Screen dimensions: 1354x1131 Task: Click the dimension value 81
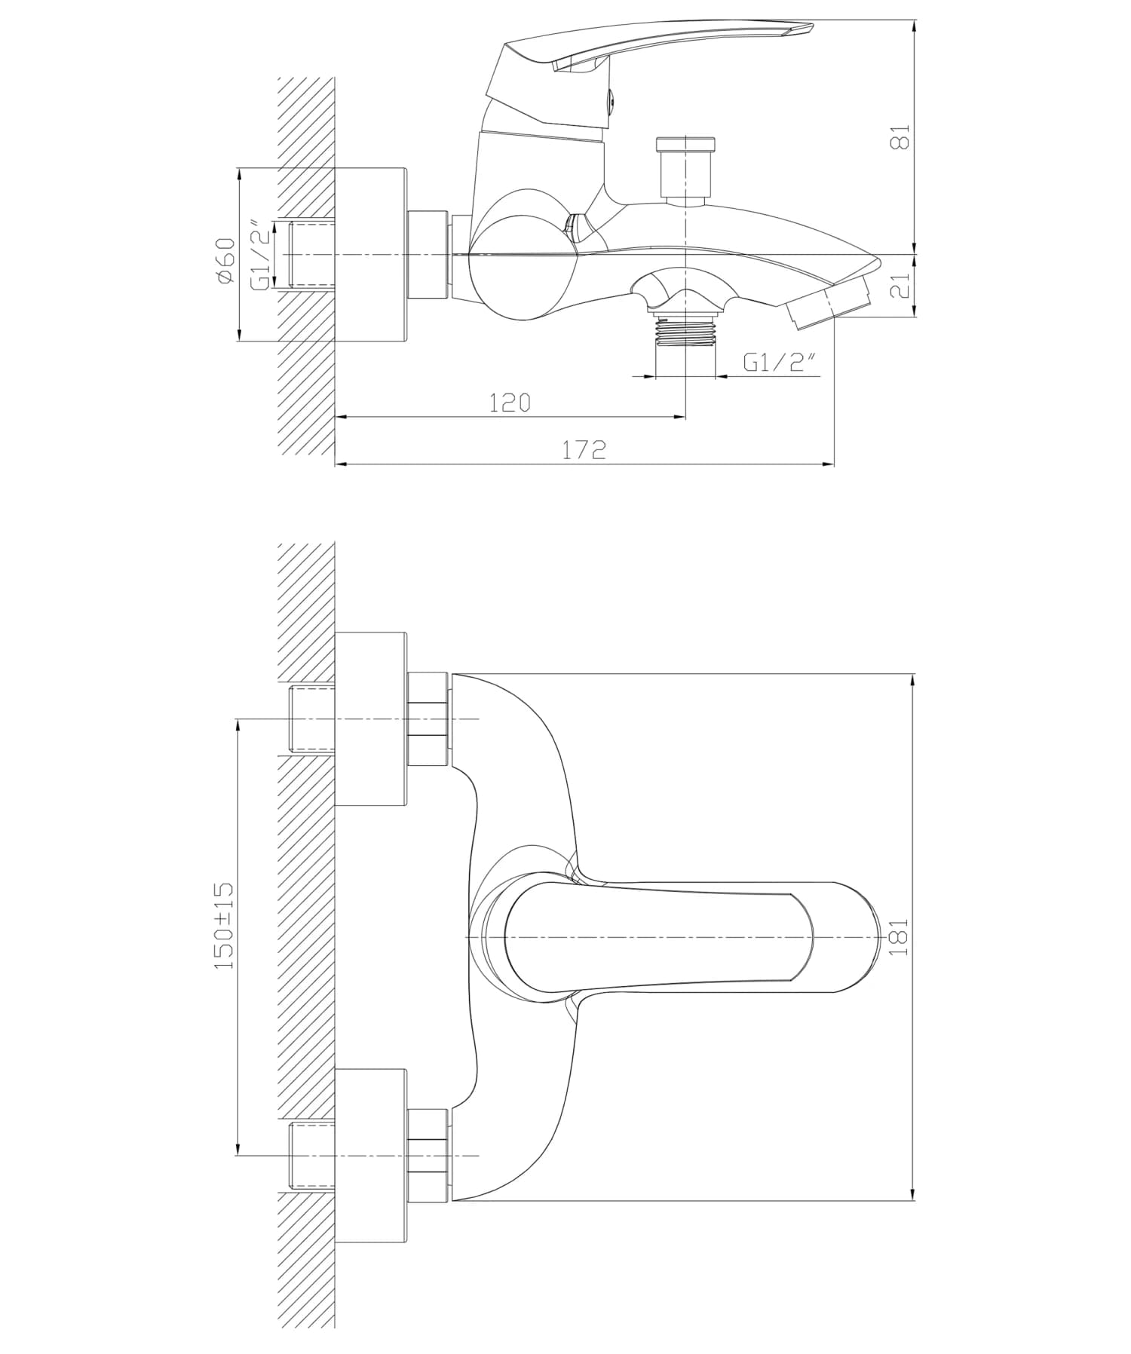[x=901, y=137]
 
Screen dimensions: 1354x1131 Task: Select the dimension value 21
[x=901, y=286]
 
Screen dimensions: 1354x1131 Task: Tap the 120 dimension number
[x=510, y=403]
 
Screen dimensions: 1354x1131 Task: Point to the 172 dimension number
[x=584, y=450]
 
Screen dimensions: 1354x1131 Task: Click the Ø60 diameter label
[x=225, y=260]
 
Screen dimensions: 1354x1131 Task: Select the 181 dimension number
[x=900, y=937]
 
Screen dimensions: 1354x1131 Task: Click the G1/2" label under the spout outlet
[x=780, y=363]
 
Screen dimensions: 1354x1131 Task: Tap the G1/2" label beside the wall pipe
[x=259, y=255]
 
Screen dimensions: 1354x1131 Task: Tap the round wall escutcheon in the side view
[x=370, y=255]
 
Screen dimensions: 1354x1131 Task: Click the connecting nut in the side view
[x=428, y=255]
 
